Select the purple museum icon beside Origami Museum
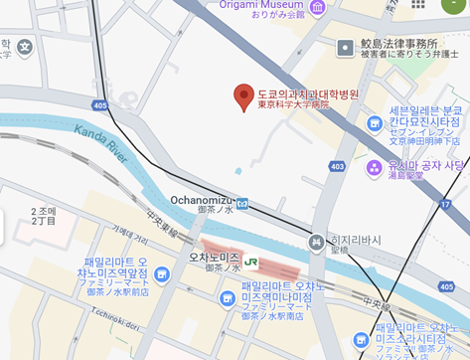tap(317, 8)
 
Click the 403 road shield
tap(337, 166)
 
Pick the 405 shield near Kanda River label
tap(99, 104)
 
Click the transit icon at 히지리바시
tap(316, 241)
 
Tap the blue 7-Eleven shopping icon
tap(375, 123)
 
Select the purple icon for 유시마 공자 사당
tap(375, 167)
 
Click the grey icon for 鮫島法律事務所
tap(345, 47)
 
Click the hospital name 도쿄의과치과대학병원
tap(307, 92)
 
